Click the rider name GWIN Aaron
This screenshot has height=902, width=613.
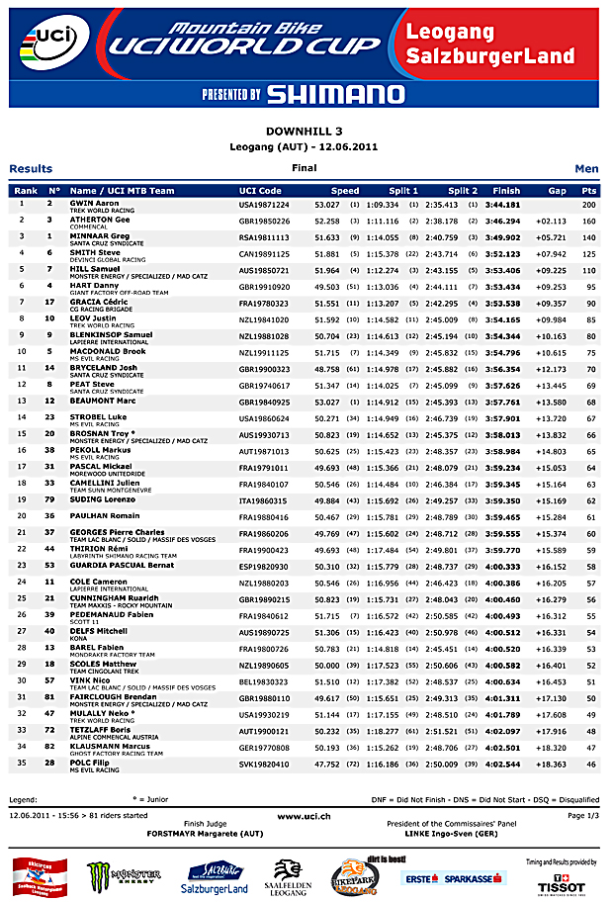coord(94,203)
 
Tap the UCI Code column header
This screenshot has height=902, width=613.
coord(260,190)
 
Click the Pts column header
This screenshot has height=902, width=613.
coord(590,190)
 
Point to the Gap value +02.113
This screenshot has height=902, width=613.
coord(551,221)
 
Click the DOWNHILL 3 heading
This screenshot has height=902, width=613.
coord(305,131)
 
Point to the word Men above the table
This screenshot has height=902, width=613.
coord(586,169)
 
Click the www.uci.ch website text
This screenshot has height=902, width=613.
coord(305,816)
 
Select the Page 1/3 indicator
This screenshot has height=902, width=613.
coord(583,816)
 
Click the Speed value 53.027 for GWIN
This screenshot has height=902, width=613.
coord(326,204)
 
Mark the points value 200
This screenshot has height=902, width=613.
coord(589,204)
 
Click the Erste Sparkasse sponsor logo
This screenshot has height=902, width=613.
coord(454,877)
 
